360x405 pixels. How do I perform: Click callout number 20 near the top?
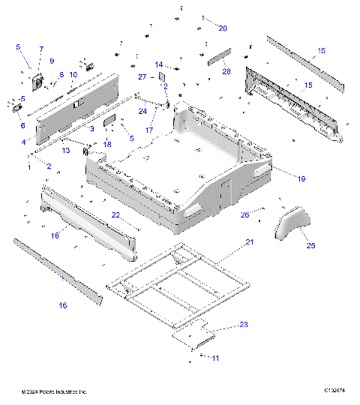[222, 28]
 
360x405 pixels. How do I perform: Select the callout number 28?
[226, 70]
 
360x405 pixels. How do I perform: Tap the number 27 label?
[142, 76]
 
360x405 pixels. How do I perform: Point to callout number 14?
[159, 64]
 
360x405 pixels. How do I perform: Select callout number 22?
[115, 215]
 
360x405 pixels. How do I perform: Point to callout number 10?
[73, 75]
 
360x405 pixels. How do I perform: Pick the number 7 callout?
[41, 49]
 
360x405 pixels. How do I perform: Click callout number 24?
[142, 112]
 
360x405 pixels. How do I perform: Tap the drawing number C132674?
[334, 391]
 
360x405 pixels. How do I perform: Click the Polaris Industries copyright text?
[54, 391]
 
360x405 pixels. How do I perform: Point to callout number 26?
[244, 214]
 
